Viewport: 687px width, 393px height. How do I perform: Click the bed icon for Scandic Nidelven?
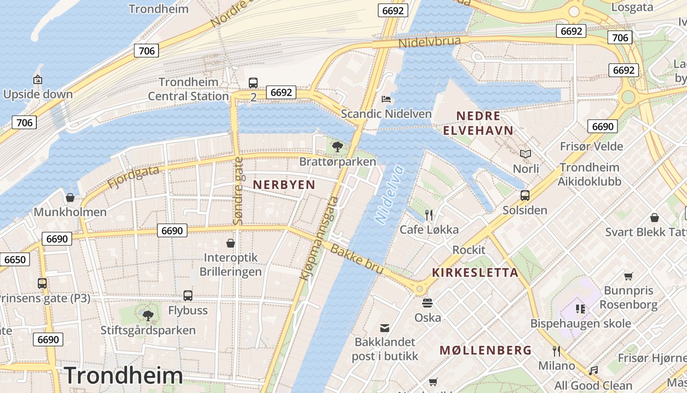pos(386,99)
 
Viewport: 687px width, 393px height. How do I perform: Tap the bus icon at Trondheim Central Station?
pos(253,83)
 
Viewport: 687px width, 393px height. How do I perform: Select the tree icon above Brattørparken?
pos(337,146)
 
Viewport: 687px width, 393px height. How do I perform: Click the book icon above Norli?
pos(526,154)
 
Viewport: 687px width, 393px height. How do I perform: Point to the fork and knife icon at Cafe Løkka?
pos(429,215)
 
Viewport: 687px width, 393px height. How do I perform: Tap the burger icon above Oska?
pos(427,303)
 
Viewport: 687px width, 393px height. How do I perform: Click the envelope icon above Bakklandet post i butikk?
pos(385,327)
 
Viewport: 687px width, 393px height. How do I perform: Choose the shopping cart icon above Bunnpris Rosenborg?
pos(628,276)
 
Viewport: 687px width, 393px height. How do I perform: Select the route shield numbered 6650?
pos(14,259)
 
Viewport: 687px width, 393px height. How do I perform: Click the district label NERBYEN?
pos(284,185)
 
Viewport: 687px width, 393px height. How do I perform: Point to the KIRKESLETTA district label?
pos(475,273)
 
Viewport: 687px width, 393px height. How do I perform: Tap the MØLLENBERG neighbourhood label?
pos(485,350)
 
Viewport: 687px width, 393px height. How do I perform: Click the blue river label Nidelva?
pos(389,195)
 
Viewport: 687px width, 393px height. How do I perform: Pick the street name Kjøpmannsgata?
pos(319,239)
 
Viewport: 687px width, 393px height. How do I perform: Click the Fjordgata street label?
pos(133,177)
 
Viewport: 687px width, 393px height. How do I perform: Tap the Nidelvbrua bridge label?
pos(429,42)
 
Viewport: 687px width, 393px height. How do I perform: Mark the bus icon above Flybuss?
pos(188,296)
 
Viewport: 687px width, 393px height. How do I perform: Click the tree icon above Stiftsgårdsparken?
pos(148,315)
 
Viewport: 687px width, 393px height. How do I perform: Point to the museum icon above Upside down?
pos(38,79)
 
